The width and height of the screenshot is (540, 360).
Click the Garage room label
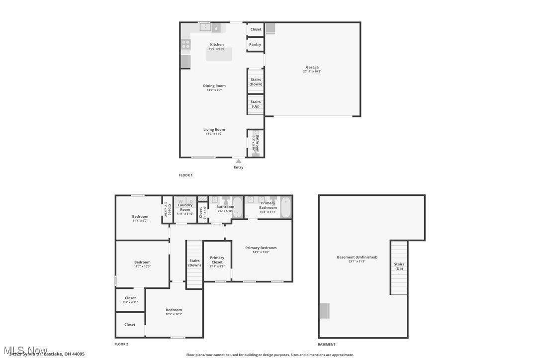[x=312, y=67]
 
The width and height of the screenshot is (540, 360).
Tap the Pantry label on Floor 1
[x=255, y=45]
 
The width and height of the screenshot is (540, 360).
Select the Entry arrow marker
[x=239, y=161]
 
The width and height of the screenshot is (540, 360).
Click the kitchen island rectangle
[x=219, y=54]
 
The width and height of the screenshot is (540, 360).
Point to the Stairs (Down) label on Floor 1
[x=256, y=82]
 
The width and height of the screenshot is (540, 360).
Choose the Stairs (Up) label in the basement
[x=399, y=266]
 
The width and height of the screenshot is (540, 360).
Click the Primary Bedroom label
[x=261, y=248]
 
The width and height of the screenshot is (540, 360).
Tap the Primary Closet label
[x=217, y=260]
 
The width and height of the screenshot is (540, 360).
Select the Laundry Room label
[x=185, y=207]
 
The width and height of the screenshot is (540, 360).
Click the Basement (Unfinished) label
[x=357, y=257]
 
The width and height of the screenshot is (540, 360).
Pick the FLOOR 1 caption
[x=185, y=175]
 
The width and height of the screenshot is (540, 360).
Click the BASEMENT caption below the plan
[x=326, y=344]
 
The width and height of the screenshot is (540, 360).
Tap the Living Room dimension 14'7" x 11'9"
[x=214, y=134]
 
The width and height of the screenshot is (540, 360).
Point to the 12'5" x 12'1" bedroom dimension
[x=174, y=314]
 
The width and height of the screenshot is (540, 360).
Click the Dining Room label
[x=214, y=86]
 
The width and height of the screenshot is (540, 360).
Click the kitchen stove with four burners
[x=185, y=45]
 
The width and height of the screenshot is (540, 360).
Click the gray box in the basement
[x=324, y=311]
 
